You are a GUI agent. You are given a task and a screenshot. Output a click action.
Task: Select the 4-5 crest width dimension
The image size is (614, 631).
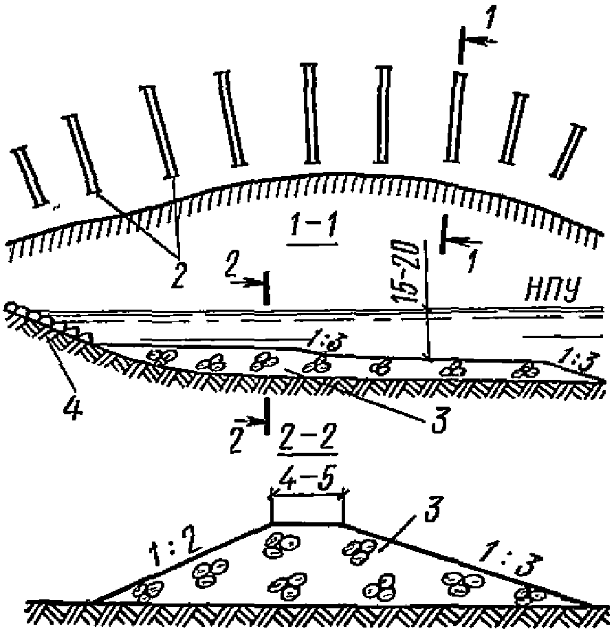pyautogui.click(x=307, y=479)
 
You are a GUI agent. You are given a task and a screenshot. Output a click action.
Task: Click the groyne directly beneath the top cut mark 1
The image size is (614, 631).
pyautogui.click(x=455, y=117)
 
